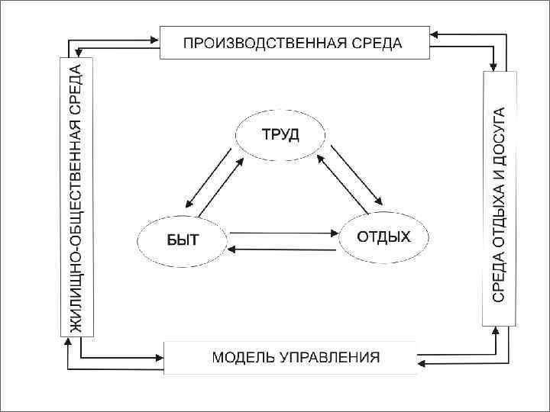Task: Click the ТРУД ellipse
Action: [x=280, y=136]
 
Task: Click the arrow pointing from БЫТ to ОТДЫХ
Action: [x=283, y=233]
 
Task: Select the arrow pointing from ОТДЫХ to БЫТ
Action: [x=283, y=249]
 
